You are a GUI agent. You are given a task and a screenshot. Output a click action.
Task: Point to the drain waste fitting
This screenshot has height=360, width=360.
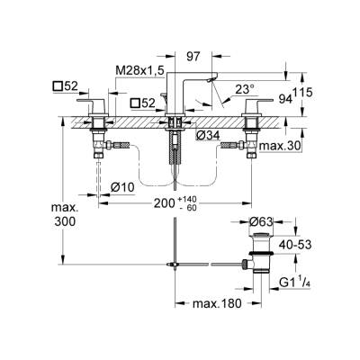tap(261, 252)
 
